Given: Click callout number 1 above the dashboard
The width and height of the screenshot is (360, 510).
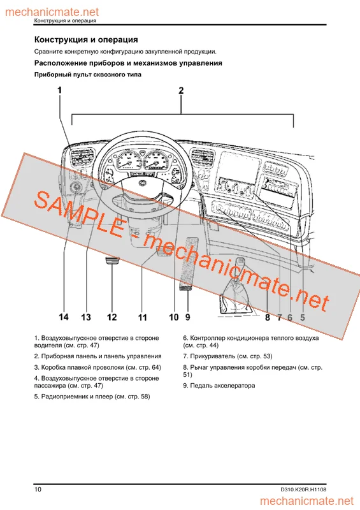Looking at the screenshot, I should coord(60,91).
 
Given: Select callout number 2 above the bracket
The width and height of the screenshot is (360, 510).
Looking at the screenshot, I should coord(181,91).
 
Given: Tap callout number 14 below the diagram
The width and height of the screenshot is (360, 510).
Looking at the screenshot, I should coord(64,317).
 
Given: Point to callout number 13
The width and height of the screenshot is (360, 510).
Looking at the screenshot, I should coord(86,317).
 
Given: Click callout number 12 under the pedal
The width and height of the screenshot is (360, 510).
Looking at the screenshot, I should coord(112,317).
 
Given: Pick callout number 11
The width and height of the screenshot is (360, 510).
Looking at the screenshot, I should coord(142,317).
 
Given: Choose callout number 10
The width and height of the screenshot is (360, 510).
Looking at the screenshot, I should coord(173,317).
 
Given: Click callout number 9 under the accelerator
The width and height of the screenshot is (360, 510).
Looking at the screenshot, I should coord(188,317).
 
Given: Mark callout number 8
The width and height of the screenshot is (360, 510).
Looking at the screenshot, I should coord(268,317).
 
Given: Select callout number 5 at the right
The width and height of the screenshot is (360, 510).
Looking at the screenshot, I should coord(303,317).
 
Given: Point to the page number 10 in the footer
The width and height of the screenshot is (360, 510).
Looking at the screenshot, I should coord(38,490).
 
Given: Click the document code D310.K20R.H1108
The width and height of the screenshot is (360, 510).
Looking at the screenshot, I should coord(307,490).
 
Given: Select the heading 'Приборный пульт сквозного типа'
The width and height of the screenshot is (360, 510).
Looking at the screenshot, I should coord(87,75).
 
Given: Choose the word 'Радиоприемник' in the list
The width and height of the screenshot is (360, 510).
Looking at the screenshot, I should coord(66,397).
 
